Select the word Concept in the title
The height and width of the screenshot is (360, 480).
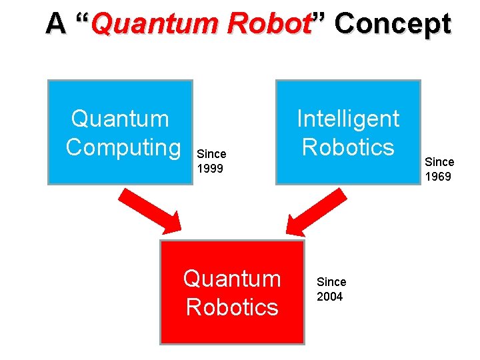[393, 24]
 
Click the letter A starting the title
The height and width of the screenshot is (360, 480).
[56, 24]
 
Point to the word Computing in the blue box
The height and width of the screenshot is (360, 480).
[123, 147]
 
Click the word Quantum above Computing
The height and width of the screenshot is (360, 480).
[120, 119]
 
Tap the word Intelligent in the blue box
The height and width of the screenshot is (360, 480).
[348, 119]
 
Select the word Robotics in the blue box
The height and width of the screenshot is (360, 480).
[348, 147]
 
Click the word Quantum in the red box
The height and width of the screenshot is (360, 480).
[232, 278]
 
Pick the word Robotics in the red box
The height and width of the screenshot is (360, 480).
[232, 307]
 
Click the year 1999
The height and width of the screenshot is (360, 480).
[210, 169]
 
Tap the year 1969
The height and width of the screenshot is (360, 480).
[438, 177]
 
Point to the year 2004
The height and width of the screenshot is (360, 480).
[329, 297]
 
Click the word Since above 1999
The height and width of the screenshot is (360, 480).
[211, 154]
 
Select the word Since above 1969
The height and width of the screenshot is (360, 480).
[439, 162]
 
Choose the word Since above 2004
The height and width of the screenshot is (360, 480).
[331, 282]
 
